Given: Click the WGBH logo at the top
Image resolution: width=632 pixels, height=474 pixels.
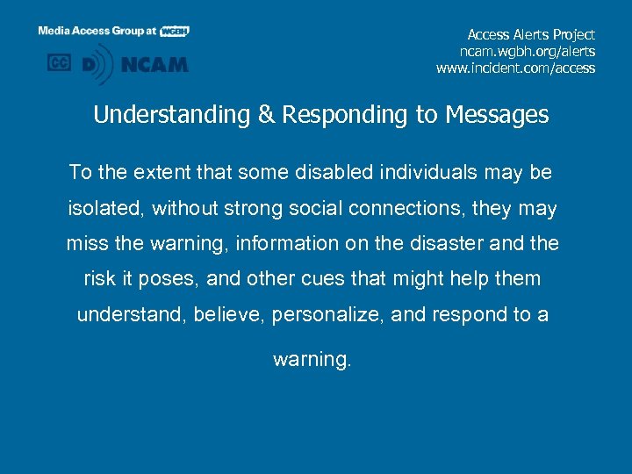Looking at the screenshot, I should tap(175, 31).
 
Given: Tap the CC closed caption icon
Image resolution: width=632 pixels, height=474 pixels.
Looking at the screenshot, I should tap(59, 63).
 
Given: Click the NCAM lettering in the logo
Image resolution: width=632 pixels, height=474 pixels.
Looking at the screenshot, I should tap(155, 64).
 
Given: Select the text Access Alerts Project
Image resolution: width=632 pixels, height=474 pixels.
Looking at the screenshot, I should tap(531, 34).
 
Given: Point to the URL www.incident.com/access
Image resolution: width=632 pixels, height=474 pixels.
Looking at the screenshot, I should tap(515, 68).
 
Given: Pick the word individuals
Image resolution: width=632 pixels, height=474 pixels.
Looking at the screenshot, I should tap(426, 172).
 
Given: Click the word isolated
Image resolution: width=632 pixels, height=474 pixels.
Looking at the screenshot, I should tap(106, 208).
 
